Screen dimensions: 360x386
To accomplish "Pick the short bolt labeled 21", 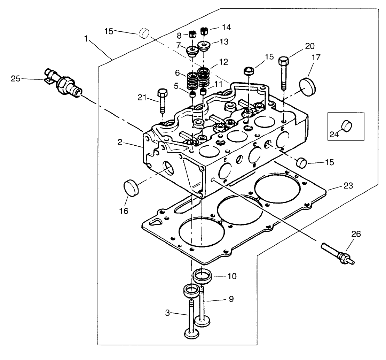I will tap(162, 100).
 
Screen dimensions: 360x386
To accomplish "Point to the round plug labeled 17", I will tap(308, 86).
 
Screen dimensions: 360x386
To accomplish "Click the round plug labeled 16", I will tap(131, 188).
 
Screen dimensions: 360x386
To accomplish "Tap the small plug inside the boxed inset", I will tap(347, 125).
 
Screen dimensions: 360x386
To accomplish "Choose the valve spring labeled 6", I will tap(192, 82).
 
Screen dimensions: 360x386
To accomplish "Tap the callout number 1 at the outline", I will tap(86, 38).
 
